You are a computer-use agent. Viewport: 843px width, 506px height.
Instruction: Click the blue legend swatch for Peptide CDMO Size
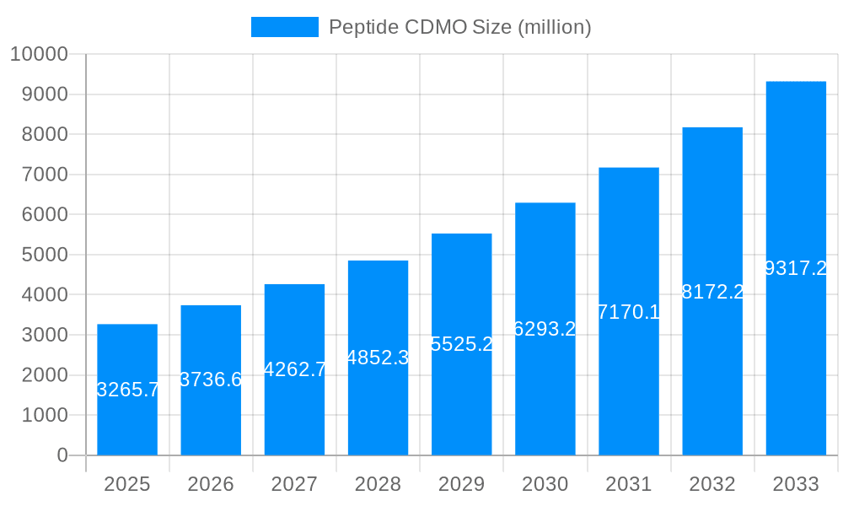tap(285, 27)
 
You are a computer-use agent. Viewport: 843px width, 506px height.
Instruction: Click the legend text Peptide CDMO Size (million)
tap(459, 27)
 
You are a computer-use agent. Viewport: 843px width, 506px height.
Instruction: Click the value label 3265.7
tap(127, 390)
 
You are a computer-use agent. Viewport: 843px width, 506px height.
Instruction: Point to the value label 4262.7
tap(294, 369)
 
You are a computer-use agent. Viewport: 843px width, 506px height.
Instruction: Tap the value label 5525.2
tap(461, 344)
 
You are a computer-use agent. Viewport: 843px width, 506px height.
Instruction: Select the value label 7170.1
tap(629, 312)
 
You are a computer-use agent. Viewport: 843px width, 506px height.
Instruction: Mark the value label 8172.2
tap(712, 292)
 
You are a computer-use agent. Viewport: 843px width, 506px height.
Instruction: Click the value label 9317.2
tap(796, 268)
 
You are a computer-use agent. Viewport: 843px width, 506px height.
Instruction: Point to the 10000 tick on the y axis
tap(38, 55)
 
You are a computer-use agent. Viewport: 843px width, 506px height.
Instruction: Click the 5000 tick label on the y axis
tap(43, 255)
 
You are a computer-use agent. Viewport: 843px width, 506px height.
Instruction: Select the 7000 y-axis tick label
tap(43, 175)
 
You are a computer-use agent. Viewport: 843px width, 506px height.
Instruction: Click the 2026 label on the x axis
tap(211, 484)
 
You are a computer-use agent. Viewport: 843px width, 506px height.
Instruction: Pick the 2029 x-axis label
tap(461, 484)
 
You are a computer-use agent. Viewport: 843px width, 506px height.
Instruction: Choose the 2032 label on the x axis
tap(712, 484)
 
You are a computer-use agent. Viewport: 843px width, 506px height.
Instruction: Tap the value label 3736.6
tap(211, 379)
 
